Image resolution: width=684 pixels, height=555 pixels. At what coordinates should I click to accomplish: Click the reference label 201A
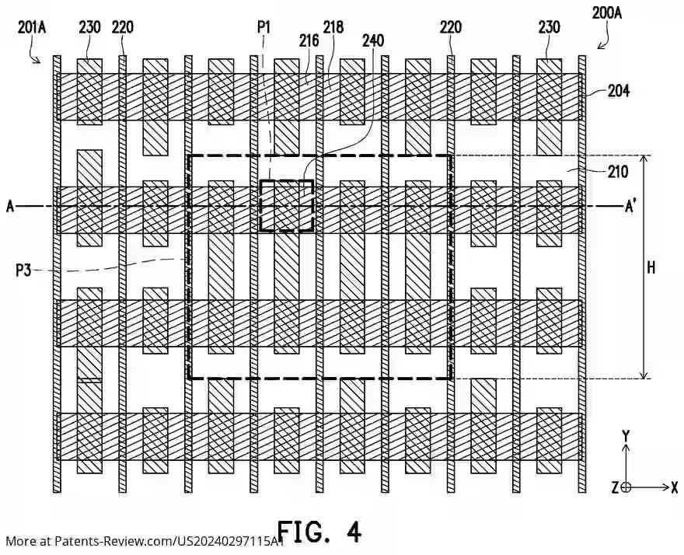(x=32, y=27)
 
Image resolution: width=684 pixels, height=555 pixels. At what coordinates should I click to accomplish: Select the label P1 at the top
(x=264, y=27)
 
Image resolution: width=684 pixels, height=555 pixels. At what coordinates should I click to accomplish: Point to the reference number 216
(x=309, y=40)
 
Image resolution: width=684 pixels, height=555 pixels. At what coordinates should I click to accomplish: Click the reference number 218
(x=333, y=27)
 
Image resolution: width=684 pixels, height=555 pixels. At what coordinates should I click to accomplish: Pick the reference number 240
(x=372, y=40)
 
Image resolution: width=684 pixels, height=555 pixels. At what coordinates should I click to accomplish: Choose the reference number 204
(x=619, y=91)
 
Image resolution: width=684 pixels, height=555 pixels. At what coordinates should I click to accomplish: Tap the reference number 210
(x=618, y=172)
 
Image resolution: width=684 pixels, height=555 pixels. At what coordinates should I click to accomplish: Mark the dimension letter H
(x=651, y=267)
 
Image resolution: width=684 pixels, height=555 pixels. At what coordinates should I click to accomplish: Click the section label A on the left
(x=10, y=206)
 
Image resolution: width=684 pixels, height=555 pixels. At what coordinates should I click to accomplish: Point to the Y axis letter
(x=626, y=436)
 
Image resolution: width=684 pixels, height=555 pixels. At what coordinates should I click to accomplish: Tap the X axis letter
(x=674, y=487)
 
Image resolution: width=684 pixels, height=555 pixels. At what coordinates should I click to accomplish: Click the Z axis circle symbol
(x=626, y=487)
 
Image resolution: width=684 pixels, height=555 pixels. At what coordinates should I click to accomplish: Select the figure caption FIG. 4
(x=319, y=532)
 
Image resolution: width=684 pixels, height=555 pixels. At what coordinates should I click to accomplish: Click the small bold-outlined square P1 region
(x=287, y=206)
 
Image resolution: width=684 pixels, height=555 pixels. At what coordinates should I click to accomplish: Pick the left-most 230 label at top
(x=89, y=27)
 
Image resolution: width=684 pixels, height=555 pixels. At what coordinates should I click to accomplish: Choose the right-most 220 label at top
(x=450, y=27)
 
